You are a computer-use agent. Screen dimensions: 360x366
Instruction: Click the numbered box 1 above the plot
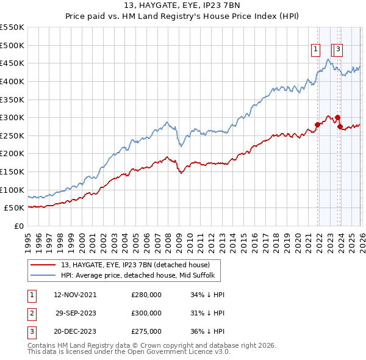pos(316,51)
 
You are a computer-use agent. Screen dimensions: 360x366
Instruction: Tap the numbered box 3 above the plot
pos(338,51)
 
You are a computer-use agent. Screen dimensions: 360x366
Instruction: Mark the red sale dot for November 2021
pos(317,124)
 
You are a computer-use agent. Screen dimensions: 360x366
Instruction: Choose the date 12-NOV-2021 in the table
pos(75,295)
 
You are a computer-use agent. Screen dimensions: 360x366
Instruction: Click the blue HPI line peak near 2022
pos(328,59)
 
